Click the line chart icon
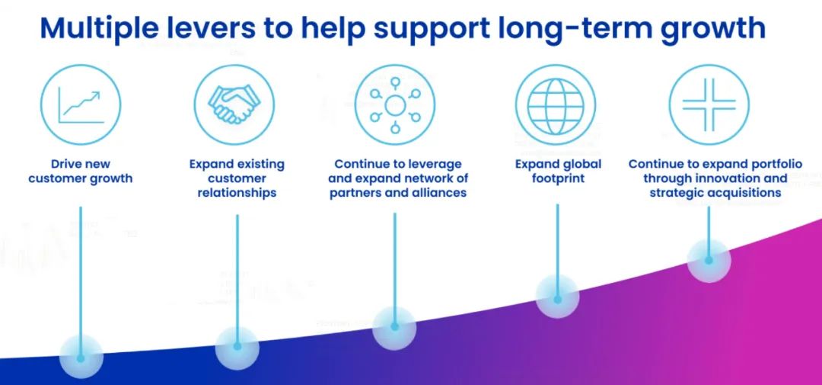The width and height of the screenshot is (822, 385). point(81,104)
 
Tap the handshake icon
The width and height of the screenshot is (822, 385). point(234,104)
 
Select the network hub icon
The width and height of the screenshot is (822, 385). point(395,104)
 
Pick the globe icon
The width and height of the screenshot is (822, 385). point(555,104)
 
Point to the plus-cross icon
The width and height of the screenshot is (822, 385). point(709,104)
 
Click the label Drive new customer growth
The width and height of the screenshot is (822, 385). point(81,172)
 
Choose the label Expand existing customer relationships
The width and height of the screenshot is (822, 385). point(237,178)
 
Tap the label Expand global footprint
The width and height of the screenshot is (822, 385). point(558,172)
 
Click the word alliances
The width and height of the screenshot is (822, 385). point(436,193)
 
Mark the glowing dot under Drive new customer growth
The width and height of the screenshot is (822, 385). point(81,356)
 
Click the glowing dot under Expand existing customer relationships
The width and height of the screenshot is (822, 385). point(237,347)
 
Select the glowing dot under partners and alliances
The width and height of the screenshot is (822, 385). point(394,326)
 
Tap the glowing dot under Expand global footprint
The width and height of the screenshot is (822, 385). point(557,299)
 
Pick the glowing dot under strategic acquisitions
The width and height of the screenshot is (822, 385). point(709,260)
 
